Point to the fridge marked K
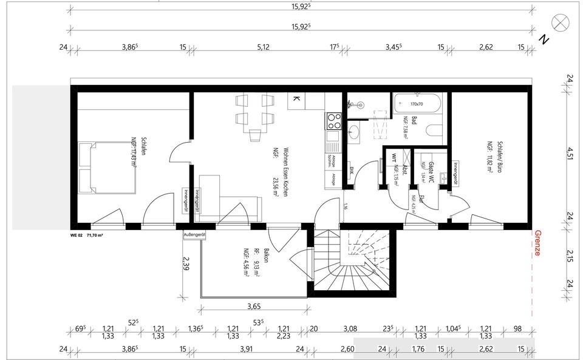coord(296,99)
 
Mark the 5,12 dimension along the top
coord(263,46)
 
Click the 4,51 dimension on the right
coord(570,151)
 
